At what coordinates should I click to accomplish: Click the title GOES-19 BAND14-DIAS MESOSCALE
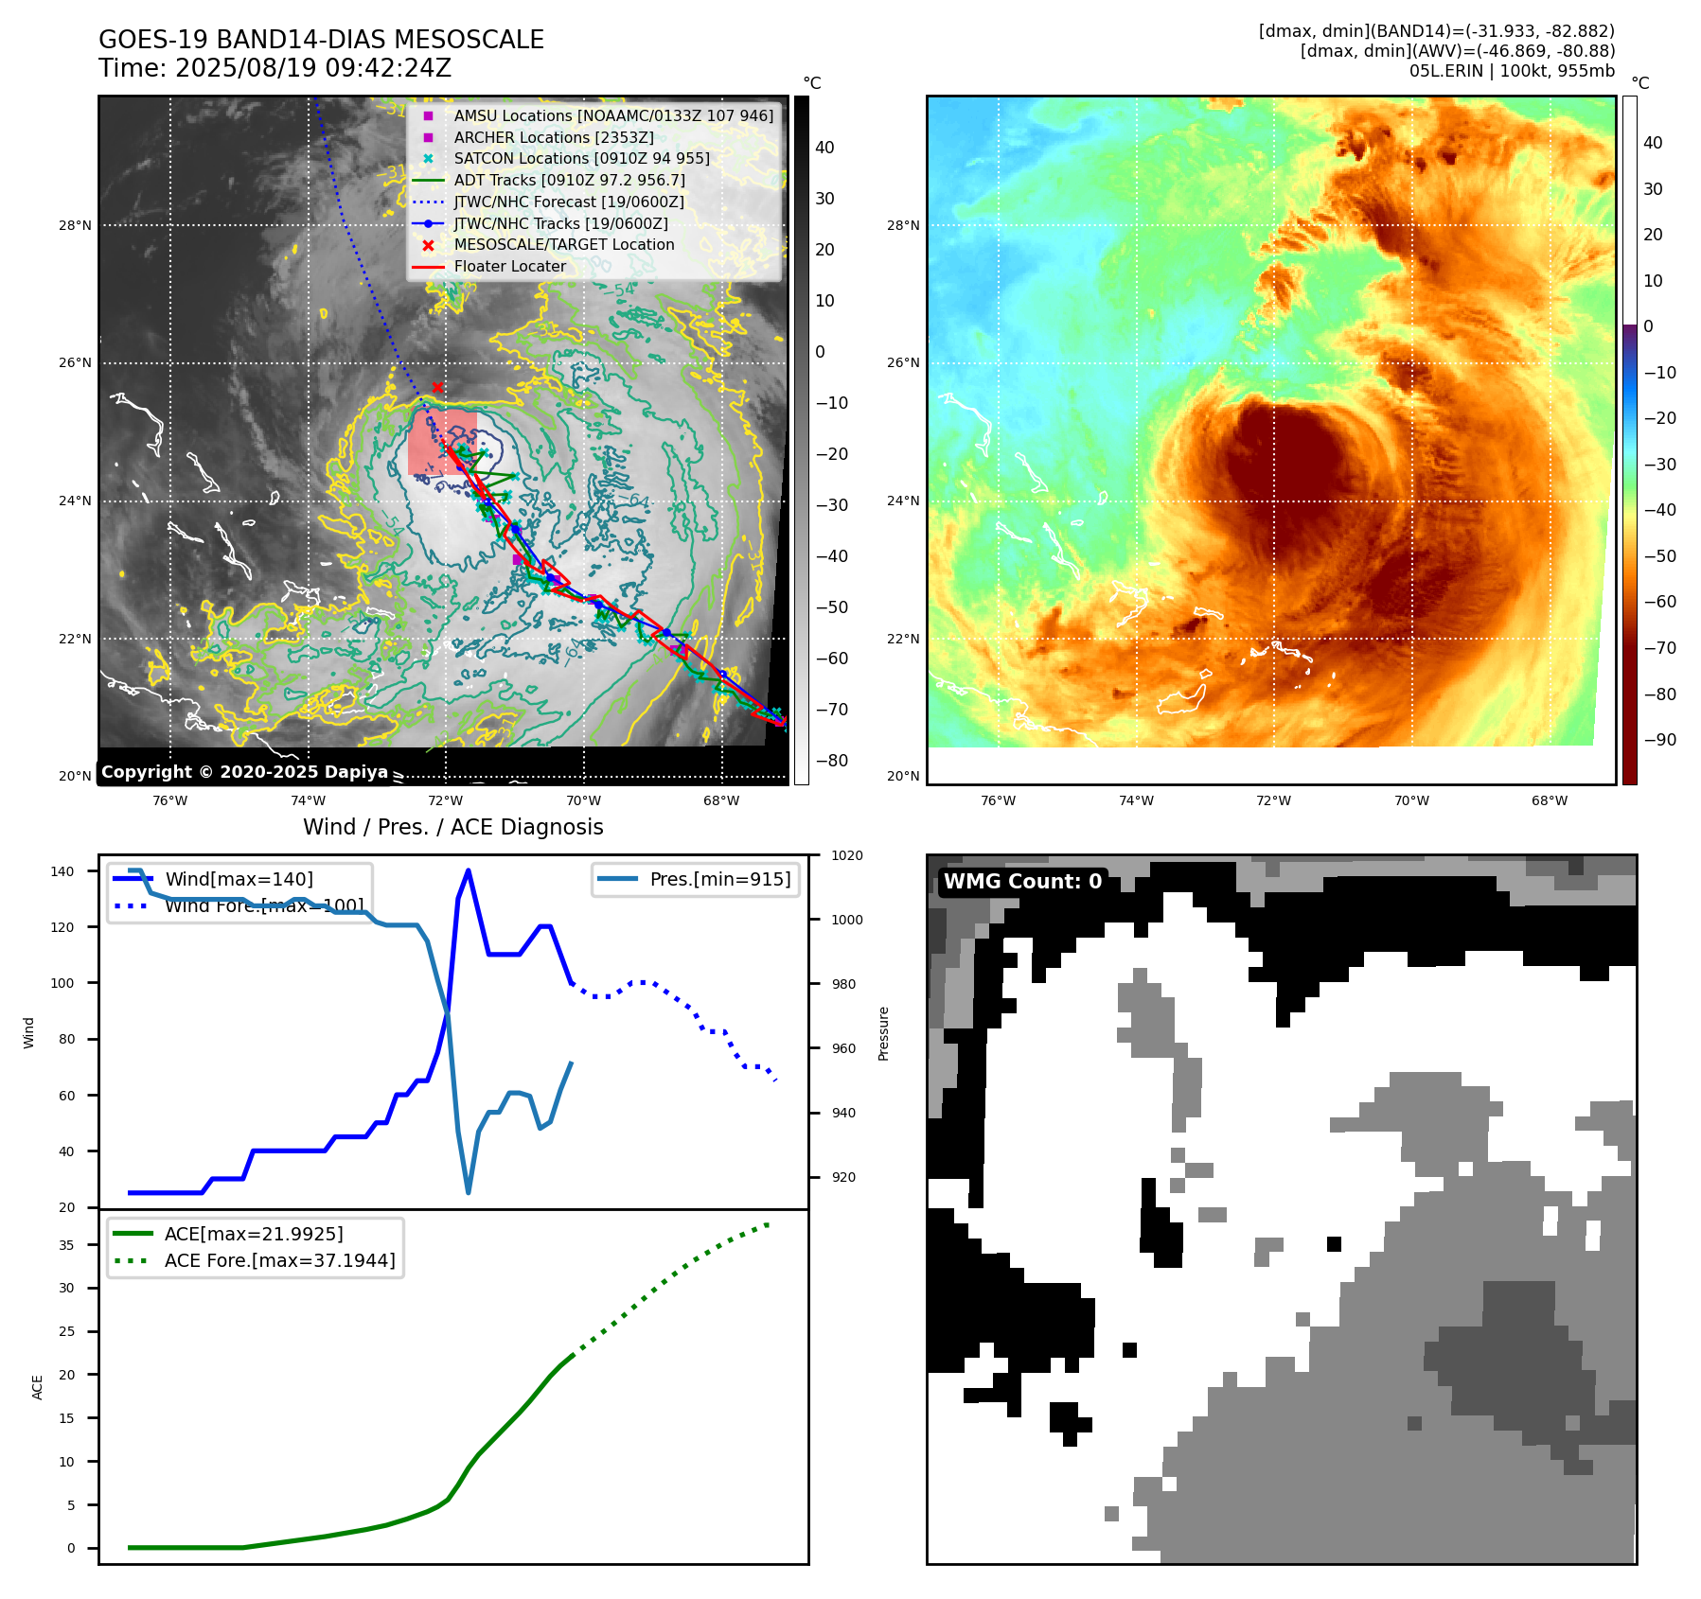321,40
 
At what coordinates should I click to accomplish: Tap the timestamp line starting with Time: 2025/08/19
275,68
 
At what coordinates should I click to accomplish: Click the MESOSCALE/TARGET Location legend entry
563,244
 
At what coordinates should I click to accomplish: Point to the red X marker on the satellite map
437,387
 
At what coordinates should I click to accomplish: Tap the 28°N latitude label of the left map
75,225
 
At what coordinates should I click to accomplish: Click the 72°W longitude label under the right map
1273,800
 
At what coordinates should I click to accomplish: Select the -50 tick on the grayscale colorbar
832,607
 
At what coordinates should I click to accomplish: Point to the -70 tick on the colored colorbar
1659,648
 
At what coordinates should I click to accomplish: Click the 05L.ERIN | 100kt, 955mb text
1512,71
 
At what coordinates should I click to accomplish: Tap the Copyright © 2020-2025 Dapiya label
244,772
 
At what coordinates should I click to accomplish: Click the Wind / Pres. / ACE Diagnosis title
452,827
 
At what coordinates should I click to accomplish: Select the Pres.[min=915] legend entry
719,879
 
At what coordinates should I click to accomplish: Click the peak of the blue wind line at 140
469,870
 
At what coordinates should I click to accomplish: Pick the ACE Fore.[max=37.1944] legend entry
279,1260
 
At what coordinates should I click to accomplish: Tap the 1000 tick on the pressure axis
846,920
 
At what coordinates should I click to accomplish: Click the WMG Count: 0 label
1022,881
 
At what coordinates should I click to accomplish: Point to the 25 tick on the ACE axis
66,1331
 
